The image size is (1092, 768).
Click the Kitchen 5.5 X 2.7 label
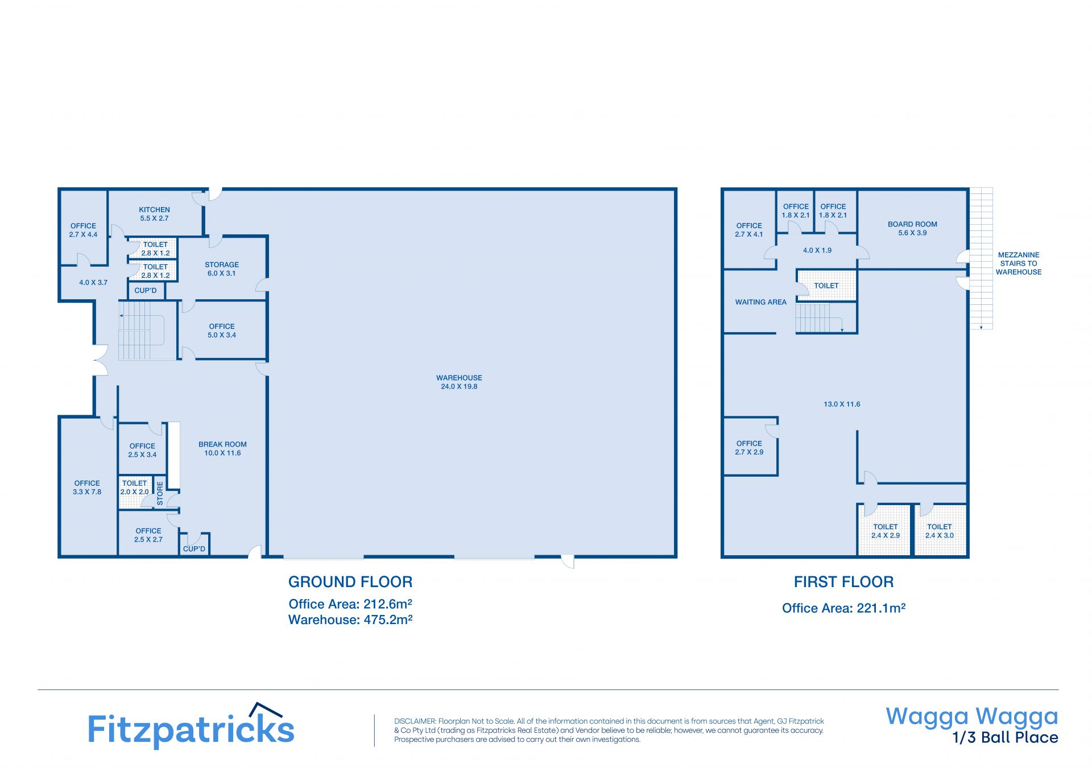[x=154, y=214]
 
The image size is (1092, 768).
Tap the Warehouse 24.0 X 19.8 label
[x=459, y=382]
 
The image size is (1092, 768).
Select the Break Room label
[x=222, y=444]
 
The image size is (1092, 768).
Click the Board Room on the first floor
[x=912, y=228]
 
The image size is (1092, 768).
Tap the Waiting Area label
[x=760, y=302]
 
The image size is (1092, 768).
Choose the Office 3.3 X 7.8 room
[x=88, y=486]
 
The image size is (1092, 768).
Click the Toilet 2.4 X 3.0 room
[x=940, y=530]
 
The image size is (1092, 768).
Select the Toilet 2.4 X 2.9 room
[x=885, y=530]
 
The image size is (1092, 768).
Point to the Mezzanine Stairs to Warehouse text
[x=1019, y=263]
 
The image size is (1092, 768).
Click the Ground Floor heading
[x=350, y=582]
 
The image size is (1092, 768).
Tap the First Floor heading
[x=843, y=582]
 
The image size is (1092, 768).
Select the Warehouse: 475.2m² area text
[x=350, y=620]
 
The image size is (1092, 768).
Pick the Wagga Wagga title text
[x=972, y=717]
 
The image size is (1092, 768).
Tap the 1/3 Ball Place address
[x=1006, y=738]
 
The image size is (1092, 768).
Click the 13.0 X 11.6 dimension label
[x=842, y=404]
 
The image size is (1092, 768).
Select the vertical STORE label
[x=160, y=493]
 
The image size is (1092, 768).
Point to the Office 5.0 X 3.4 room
[x=222, y=330]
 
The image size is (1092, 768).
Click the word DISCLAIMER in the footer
[x=415, y=721]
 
